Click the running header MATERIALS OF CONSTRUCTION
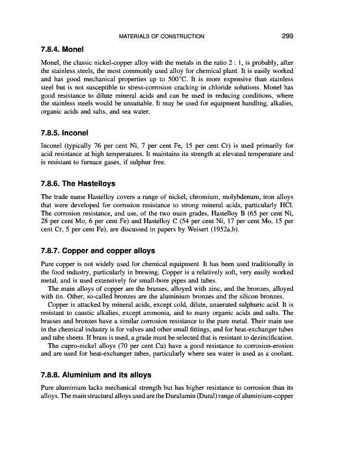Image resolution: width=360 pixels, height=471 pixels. point(162,37)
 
